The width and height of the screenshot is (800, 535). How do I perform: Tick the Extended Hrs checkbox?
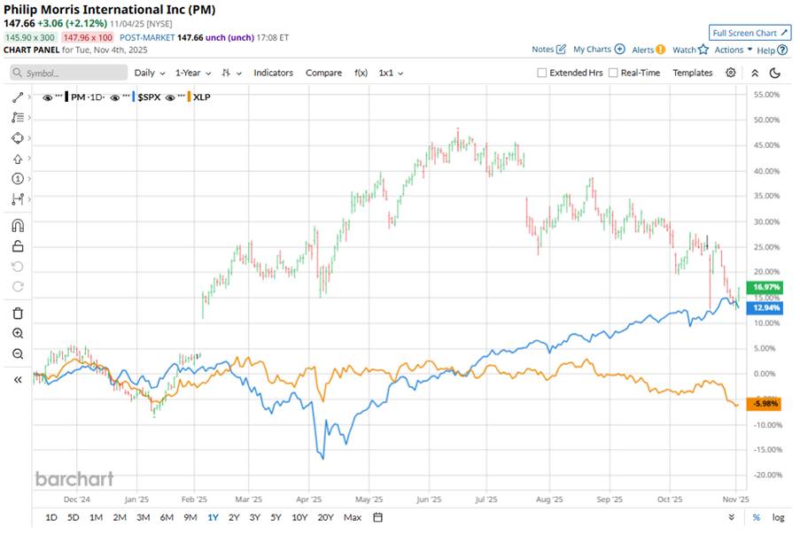click(x=542, y=73)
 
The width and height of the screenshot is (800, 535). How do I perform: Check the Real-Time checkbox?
click(x=613, y=73)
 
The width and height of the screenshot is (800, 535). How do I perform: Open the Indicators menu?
click(x=273, y=73)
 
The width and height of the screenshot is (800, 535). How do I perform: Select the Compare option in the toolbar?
click(x=323, y=73)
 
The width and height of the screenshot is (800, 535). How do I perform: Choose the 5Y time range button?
click(x=276, y=517)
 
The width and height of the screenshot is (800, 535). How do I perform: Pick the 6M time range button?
click(x=167, y=517)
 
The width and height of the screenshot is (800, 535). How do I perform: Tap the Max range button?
click(x=353, y=517)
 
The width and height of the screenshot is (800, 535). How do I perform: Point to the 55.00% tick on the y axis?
click(x=765, y=94)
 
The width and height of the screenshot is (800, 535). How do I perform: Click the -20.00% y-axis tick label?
click(x=765, y=475)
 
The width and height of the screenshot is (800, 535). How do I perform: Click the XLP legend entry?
click(x=201, y=96)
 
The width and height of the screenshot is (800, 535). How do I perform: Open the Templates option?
click(x=692, y=73)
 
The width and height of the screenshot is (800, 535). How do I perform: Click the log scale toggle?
click(x=778, y=517)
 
